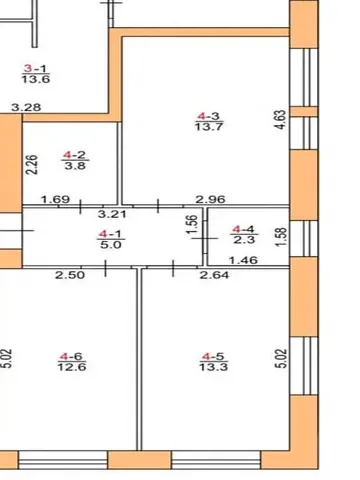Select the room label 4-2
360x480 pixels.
[73, 155]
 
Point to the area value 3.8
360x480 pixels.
[73, 167]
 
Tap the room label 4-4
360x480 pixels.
[243, 228]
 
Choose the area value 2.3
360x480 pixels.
[243, 240]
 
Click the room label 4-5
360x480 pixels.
[211, 356]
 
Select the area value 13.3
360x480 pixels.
[211, 368]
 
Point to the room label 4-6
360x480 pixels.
[70, 356]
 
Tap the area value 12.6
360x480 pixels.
[70, 368]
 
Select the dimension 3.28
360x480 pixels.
[25, 106]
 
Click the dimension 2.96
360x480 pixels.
[209, 200]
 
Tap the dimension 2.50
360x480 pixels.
[68, 275]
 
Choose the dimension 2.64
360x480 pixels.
[212, 275]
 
